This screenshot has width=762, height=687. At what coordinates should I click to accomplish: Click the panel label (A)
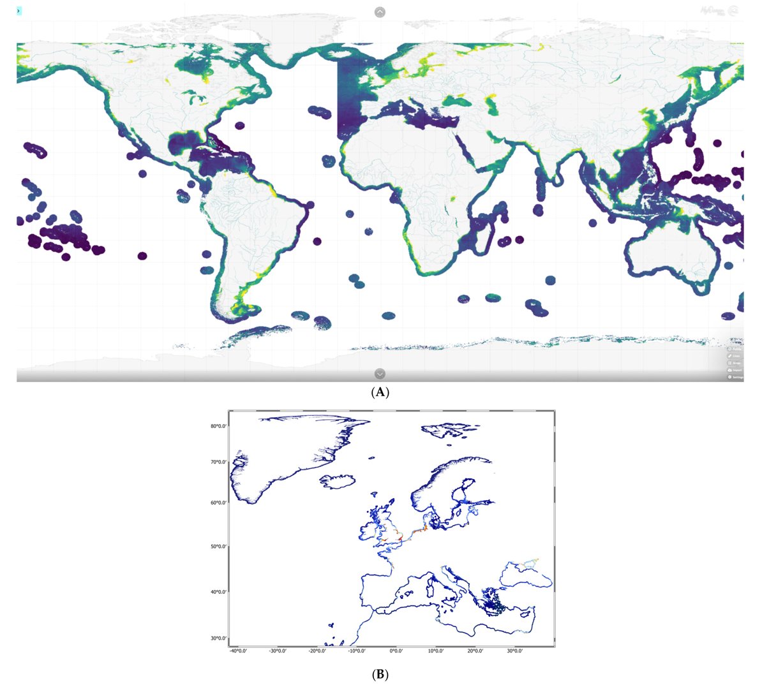click(380, 392)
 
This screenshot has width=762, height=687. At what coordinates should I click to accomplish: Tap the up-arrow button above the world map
click(380, 11)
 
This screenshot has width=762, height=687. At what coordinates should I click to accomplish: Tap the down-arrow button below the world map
click(380, 374)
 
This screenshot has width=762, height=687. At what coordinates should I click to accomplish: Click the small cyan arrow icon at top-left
click(19, 11)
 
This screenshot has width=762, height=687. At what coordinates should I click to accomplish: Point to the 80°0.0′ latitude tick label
click(220, 426)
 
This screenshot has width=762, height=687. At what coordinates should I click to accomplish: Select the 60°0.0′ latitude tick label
click(220, 503)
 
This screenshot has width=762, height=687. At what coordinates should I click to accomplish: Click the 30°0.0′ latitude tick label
click(220, 638)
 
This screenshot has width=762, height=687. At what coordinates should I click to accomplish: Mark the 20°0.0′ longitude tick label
click(475, 651)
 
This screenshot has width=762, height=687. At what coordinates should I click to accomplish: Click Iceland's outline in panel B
click(339, 481)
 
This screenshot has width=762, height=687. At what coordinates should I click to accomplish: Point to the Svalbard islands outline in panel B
click(447, 430)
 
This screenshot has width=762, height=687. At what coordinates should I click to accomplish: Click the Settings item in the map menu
click(736, 377)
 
